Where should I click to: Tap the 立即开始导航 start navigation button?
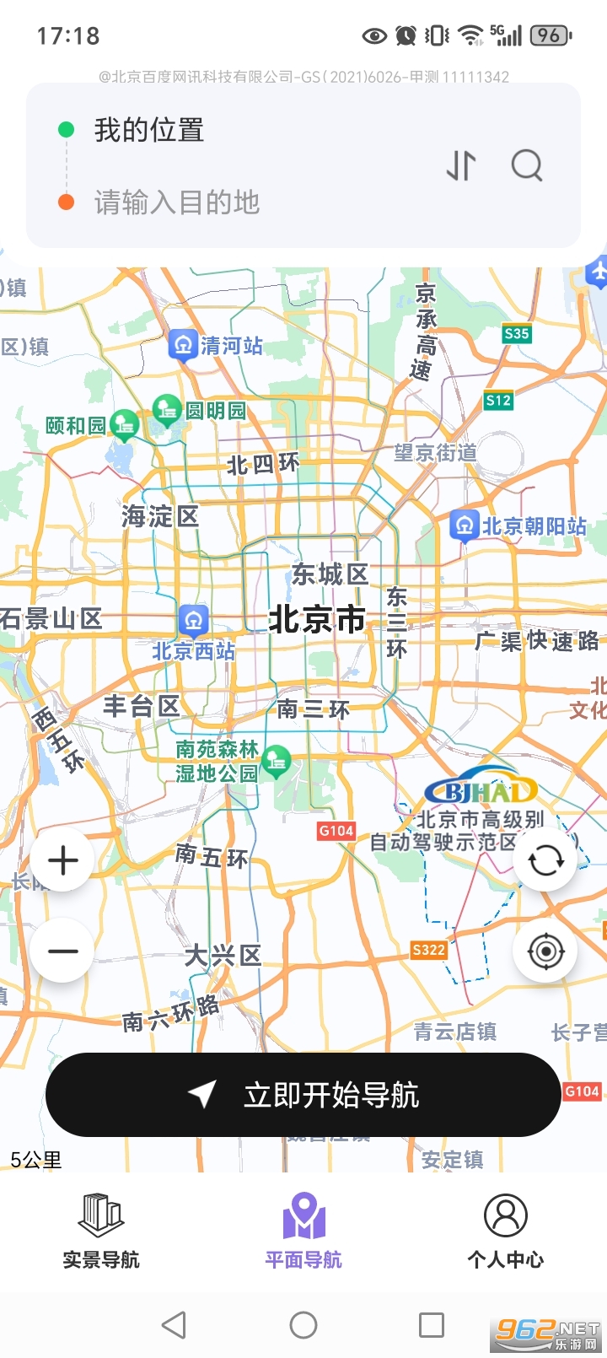tap(303, 1095)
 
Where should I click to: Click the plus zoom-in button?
tap(63, 860)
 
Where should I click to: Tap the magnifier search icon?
tap(527, 165)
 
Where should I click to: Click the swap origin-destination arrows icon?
tap(461, 165)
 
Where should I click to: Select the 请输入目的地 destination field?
tap(177, 202)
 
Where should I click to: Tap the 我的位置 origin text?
tap(149, 130)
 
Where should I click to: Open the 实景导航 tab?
tap(101, 1231)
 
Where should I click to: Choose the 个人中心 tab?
tap(506, 1231)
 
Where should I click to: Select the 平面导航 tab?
tap(303, 1231)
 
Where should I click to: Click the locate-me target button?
tap(545, 951)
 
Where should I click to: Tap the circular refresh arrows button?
tap(545, 860)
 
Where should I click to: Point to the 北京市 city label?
tap(317, 620)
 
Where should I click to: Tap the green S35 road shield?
tap(516, 333)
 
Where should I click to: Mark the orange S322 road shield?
tap(428, 950)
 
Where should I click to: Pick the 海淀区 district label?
tap(160, 515)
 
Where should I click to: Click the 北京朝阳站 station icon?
tap(464, 525)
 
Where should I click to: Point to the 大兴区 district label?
tap(223, 956)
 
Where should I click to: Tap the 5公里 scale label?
tap(36, 1160)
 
